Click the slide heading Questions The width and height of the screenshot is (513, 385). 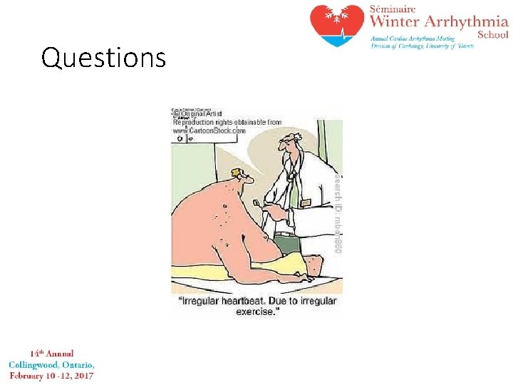coord(103,57)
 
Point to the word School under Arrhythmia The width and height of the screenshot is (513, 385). coord(492,35)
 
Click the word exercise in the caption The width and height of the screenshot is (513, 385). coord(254,312)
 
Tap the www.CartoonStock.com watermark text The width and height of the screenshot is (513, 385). coord(209,130)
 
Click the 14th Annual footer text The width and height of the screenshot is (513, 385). coord(51,353)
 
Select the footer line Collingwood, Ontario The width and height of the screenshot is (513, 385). coord(51,364)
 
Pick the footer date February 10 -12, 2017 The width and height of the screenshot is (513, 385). coord(51,375)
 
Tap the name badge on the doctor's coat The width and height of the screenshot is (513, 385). coord(306,204)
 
